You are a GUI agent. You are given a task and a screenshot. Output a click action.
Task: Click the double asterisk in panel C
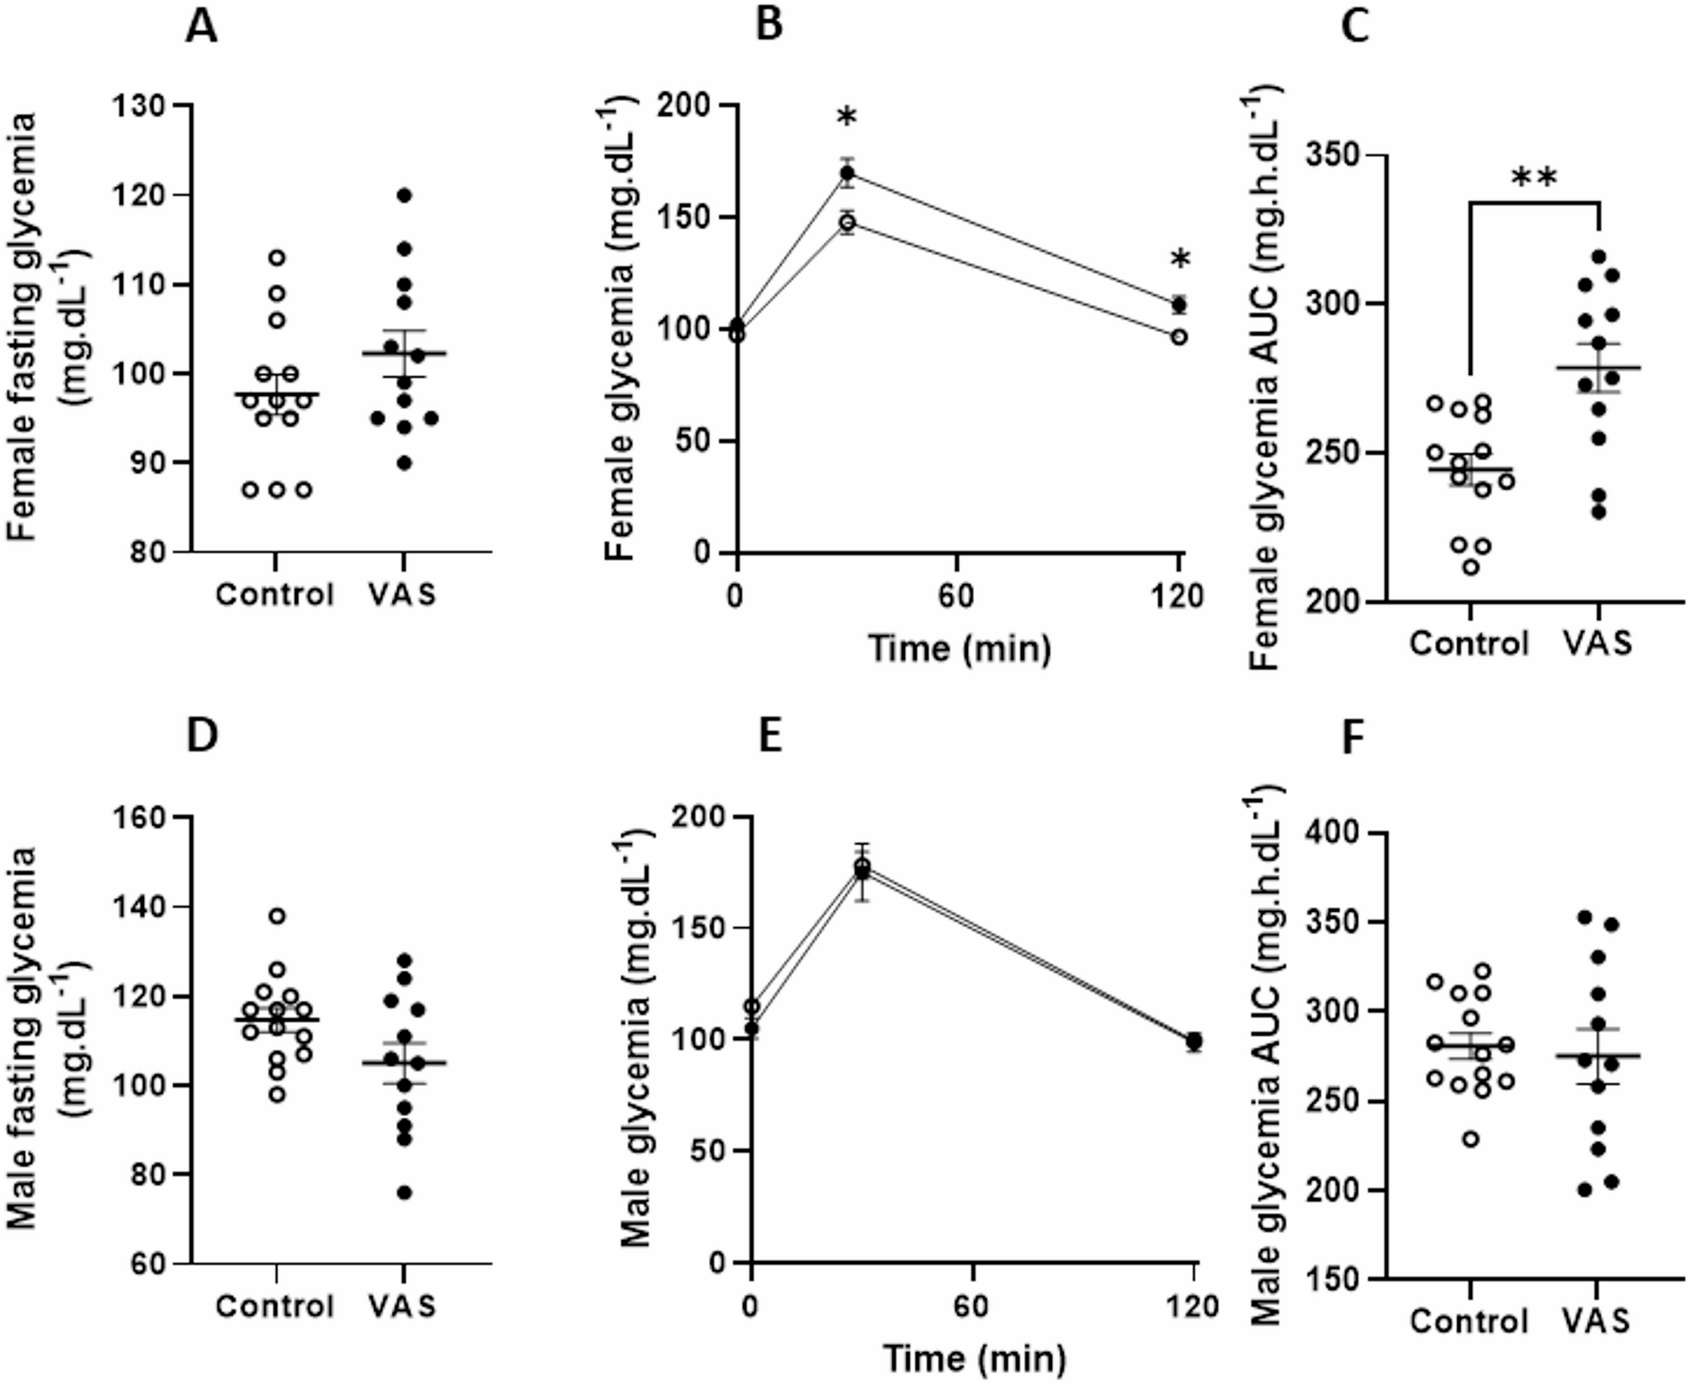(x=1534, y=178)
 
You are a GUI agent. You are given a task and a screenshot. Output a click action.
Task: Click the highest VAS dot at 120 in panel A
(x=404, y=195)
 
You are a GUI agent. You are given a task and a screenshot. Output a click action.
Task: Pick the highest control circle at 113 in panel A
(x=277, y=257)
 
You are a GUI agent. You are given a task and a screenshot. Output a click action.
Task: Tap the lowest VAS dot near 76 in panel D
(x=404, y=1193)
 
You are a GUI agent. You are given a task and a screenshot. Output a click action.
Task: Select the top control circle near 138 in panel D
(x=277, y=915)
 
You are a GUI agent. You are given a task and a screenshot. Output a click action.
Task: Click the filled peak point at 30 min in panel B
(x=848, y=174)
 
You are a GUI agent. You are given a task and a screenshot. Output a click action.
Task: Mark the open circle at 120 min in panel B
(x=1179, y=337)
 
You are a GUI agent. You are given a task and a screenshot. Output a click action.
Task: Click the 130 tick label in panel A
(x=141, y=106)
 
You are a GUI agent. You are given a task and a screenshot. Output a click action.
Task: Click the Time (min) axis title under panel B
(x=959, y=650)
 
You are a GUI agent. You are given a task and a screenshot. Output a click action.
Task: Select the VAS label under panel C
(x=1597, y=644)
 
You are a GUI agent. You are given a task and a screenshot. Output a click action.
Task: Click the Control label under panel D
(x=275, y=1306)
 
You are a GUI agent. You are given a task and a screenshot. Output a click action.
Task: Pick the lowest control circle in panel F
(x=1470, y=1140)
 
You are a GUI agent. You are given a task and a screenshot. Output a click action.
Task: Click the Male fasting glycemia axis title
(x=38, y=1038)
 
